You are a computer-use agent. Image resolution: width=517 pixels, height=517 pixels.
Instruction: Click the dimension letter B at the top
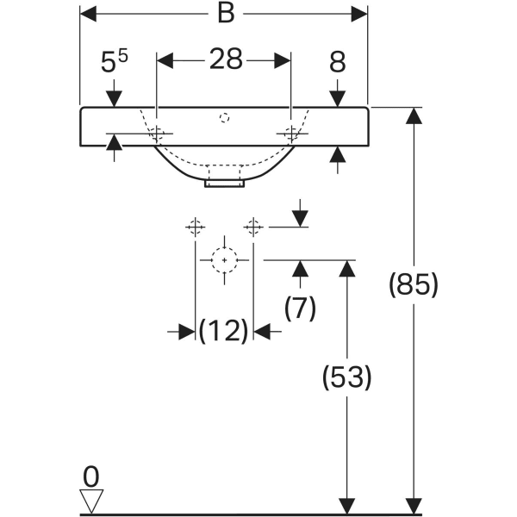click(223, 14)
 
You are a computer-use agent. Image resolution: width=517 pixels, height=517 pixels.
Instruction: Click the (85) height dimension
click(414, 284)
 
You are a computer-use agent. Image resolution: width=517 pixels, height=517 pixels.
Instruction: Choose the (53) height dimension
click(346, 377)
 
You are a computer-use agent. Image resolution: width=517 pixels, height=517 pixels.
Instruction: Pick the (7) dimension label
click(300, 308)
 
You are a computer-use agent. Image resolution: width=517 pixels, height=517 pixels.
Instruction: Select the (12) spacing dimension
click(223, 331)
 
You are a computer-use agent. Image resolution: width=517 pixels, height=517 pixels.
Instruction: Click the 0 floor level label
click(91, 475)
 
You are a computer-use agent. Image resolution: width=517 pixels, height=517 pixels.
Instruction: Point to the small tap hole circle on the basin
click(224, 116)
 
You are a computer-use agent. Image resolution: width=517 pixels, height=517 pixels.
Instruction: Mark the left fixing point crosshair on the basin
click(157, 134)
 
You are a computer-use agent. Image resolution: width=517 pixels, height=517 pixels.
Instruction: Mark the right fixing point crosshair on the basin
click(291, 133)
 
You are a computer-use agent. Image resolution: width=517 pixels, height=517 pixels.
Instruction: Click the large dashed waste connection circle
click(224, 258)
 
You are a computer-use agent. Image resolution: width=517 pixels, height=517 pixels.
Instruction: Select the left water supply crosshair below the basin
click(196, 227)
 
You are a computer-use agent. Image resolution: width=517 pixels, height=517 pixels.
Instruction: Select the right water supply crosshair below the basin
click(252, 227)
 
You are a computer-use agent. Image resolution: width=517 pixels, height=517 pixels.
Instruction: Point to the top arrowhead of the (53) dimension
click(346, 267)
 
